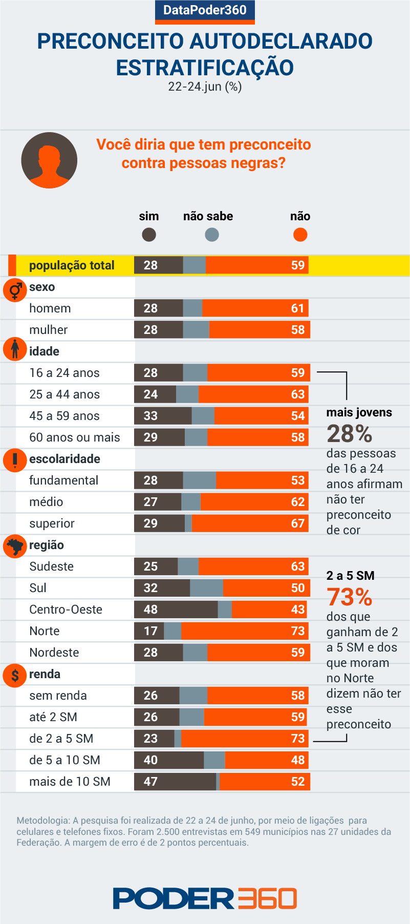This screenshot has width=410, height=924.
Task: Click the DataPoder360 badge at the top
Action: pos(205,11)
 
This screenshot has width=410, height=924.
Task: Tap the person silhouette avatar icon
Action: pos(49,160)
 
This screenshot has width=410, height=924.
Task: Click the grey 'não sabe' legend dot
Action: pos(211,235)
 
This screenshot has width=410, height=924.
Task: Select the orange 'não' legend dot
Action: pos(300,235)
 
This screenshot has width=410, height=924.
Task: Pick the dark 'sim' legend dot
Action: pos(149,235)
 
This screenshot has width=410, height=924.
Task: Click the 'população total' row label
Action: pos(72,265)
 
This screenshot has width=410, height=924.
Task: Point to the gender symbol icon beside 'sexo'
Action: pos(15,290)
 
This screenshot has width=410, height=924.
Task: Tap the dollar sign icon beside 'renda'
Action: pos(15,676)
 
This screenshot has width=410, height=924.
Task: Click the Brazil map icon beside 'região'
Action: pos(15,547)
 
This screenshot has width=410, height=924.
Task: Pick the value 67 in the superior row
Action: pos(297,523)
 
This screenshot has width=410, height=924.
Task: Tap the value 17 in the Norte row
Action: pos(150,631)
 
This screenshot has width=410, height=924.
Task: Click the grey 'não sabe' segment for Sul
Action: pos(206,588)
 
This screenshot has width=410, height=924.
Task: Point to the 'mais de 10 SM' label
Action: pos(70,782)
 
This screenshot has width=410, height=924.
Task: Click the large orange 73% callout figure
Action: pos(350,597)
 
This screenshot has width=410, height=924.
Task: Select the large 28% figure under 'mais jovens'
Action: pos(350,434)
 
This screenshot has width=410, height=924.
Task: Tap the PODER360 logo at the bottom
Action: pos(205,898)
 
